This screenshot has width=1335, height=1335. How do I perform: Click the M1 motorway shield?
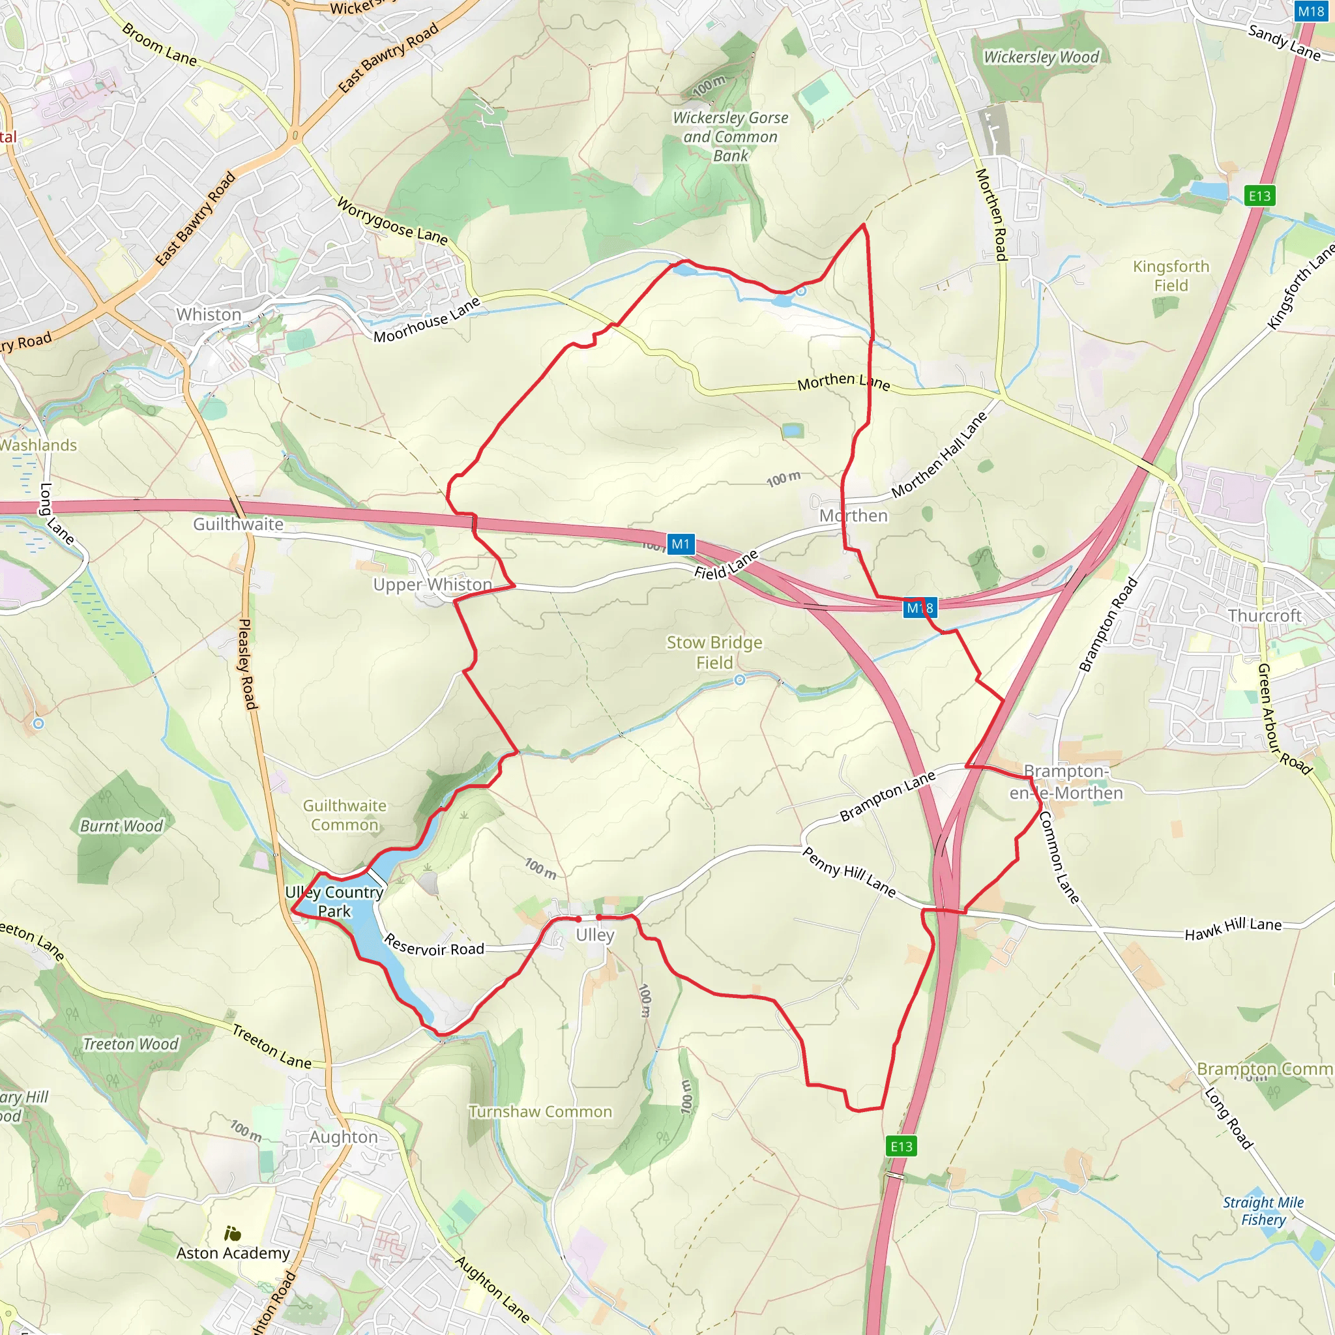680,544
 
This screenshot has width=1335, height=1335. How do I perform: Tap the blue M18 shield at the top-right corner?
1310,11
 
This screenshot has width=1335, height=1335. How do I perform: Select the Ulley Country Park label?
334,901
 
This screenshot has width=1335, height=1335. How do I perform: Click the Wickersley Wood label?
1040,57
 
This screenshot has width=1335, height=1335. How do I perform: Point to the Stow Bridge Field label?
714,653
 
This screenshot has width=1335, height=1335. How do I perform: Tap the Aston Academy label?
233,1253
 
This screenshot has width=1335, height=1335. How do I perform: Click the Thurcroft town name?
1264,615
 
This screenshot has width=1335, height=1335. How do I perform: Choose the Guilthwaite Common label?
344,815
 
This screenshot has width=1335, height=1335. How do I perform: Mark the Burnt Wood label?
121,826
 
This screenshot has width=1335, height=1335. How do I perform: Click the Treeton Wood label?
130,1044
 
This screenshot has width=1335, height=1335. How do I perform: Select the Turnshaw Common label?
540,1111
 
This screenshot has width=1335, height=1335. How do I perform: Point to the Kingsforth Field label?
1171,276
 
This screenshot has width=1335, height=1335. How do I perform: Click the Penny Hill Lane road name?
849,872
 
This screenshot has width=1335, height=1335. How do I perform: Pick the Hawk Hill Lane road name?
1233,929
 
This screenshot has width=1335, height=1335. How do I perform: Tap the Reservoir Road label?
433,945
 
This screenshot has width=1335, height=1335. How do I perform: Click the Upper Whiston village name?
433,585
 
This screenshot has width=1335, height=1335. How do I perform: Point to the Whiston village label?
209,314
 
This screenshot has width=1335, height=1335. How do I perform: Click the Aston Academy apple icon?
233,1233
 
